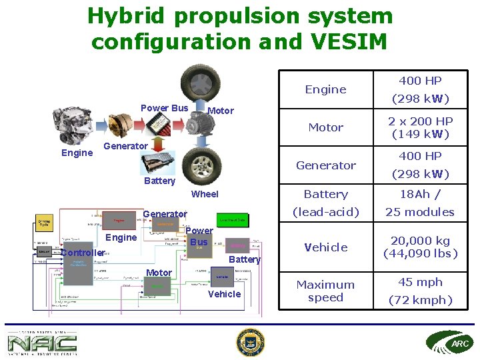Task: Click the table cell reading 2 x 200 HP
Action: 420,127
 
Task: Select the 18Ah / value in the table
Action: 420,194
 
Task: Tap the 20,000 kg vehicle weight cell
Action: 420,247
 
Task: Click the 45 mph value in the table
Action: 420,282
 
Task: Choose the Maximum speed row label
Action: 325,291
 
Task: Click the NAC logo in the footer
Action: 41,343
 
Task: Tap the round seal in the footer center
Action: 251,343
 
